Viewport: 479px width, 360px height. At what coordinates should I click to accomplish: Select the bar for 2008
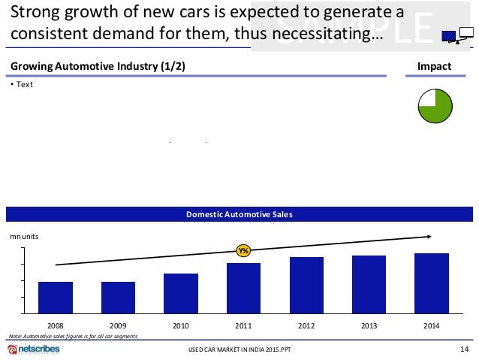55,298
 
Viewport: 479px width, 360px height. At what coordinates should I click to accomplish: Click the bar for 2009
118,298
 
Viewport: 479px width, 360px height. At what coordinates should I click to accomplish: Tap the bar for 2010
181,293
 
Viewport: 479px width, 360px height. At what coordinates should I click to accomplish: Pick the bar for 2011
243,288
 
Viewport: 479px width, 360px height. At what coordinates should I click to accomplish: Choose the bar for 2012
306,285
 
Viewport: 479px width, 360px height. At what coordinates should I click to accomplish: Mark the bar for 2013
369,284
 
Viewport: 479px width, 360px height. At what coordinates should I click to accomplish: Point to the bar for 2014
432,283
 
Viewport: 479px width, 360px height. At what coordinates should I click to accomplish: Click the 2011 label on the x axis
243,326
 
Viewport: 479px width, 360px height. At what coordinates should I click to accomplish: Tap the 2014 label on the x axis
432,326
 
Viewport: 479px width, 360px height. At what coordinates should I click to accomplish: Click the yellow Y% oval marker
243,250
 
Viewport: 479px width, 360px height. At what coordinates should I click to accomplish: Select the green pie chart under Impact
434,107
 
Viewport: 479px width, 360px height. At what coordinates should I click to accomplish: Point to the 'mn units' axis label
24,236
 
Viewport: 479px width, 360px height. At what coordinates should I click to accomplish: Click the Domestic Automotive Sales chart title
239,215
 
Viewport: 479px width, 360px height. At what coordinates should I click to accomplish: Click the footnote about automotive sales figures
73,336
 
